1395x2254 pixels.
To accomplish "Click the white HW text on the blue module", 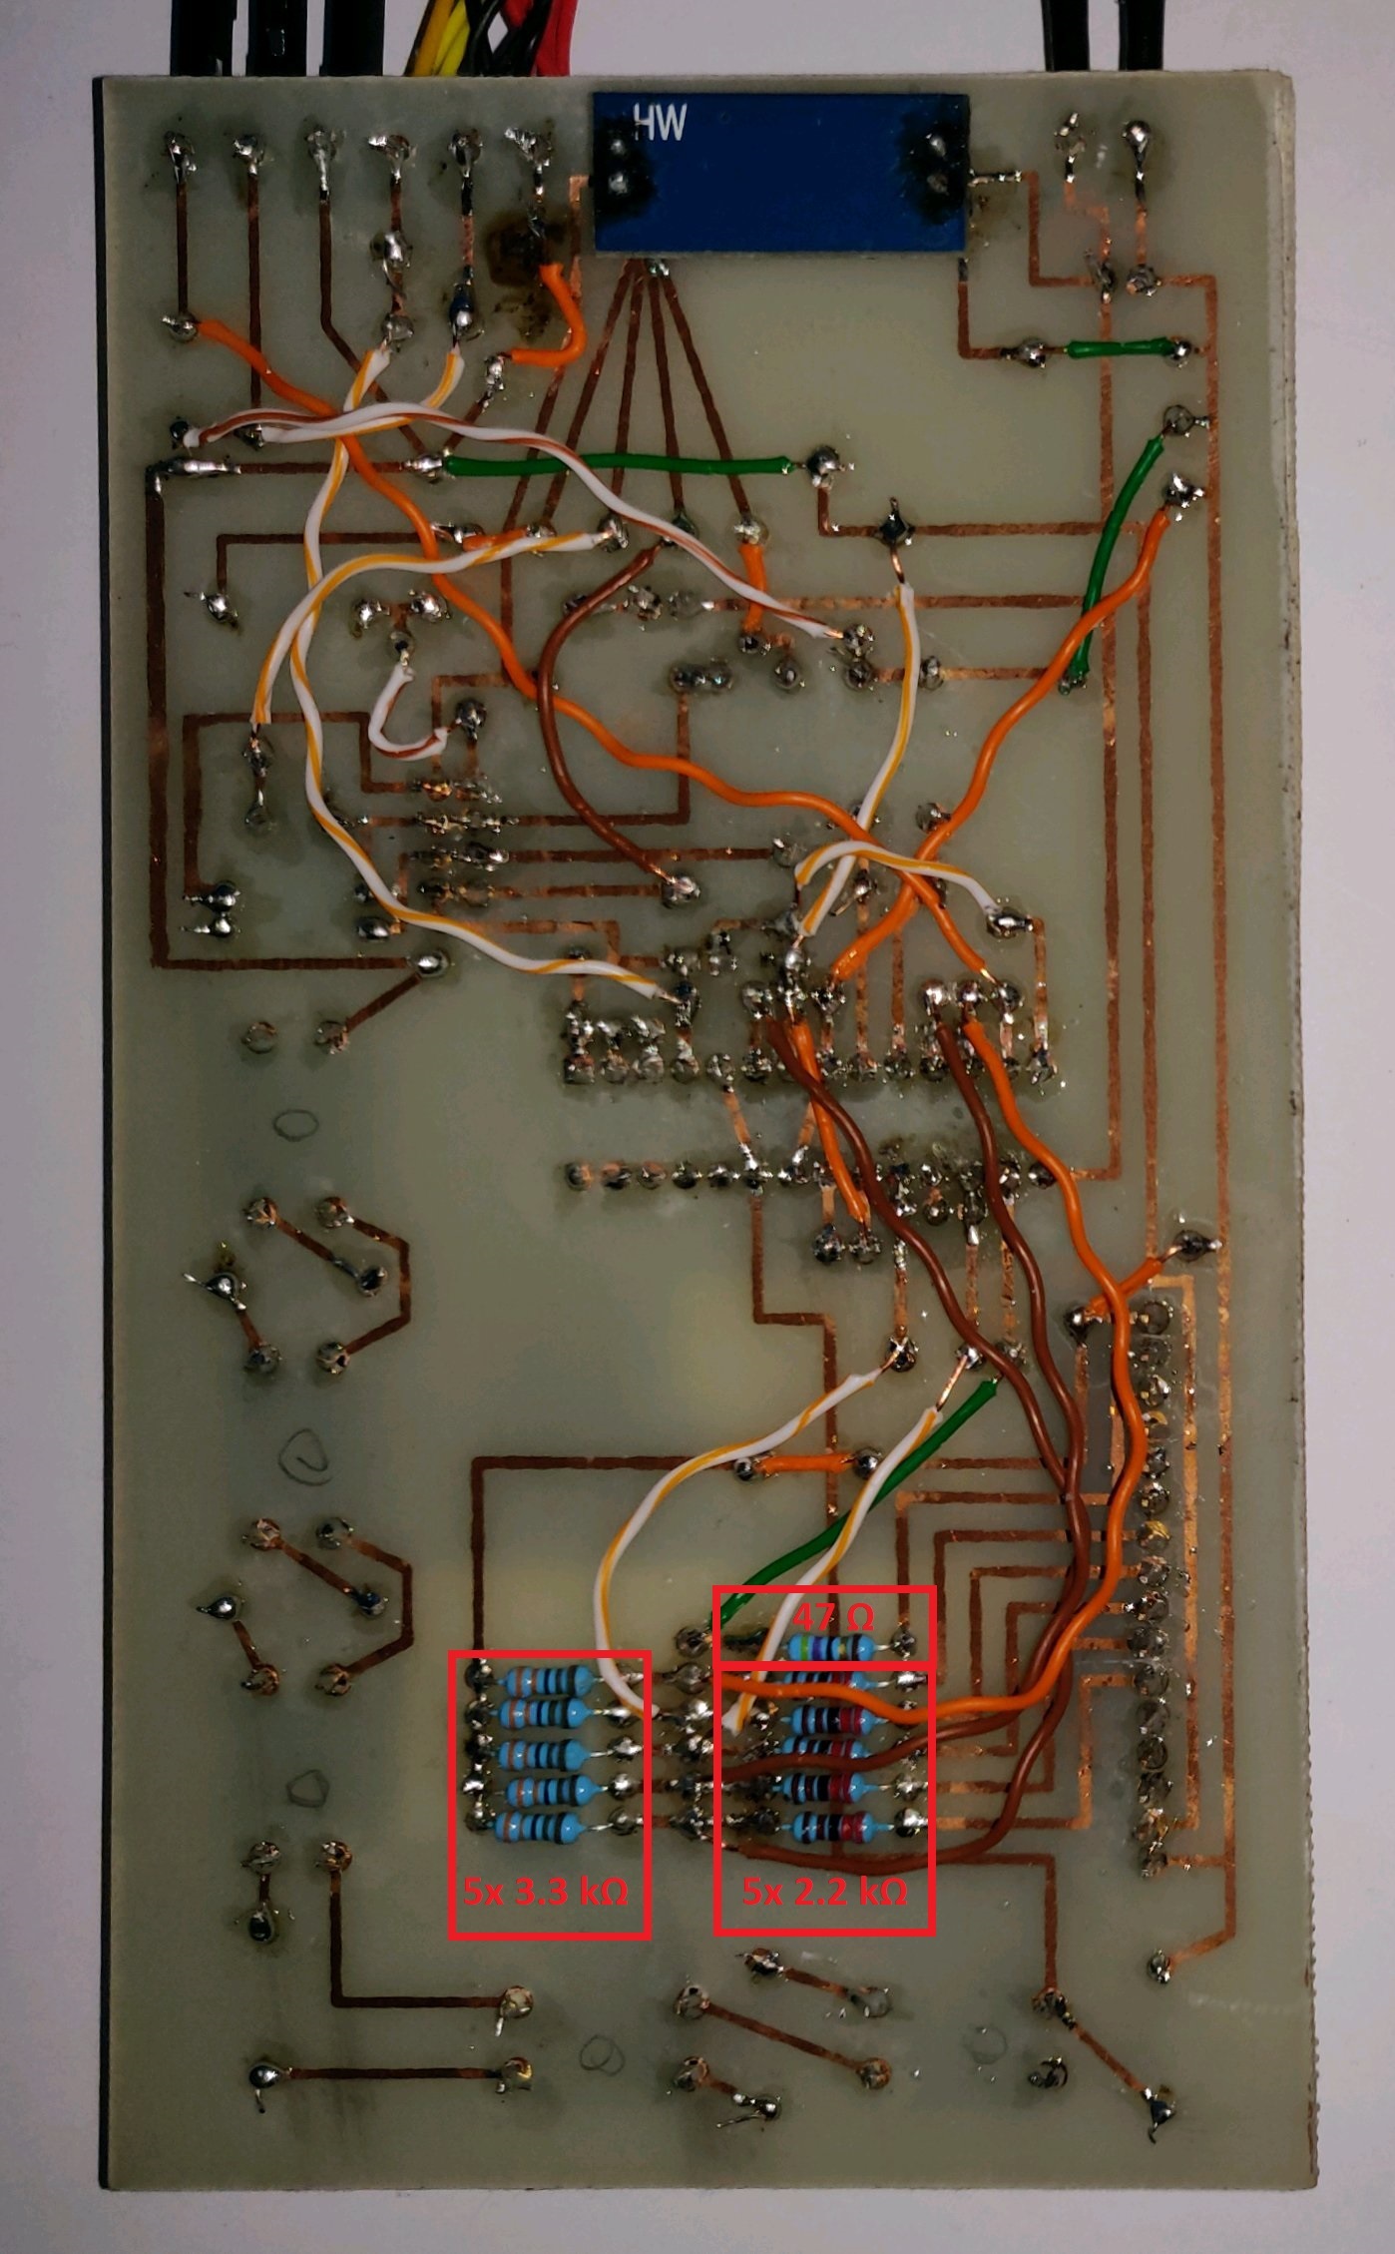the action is (660, 124).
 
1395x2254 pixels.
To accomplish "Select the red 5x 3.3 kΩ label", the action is (546, 1891).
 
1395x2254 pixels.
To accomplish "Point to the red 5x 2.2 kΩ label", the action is (824, 1891).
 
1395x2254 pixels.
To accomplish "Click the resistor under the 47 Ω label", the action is (830, 1647).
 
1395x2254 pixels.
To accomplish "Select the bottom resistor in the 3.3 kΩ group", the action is (545, 1825).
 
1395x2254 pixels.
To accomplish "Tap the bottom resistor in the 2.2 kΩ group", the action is (830, 1829).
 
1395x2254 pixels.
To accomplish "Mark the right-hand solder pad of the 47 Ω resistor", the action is (904, 1642).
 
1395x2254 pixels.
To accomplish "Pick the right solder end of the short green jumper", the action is (1177, 349).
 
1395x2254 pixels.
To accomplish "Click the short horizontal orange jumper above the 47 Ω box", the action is (806, 1464).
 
